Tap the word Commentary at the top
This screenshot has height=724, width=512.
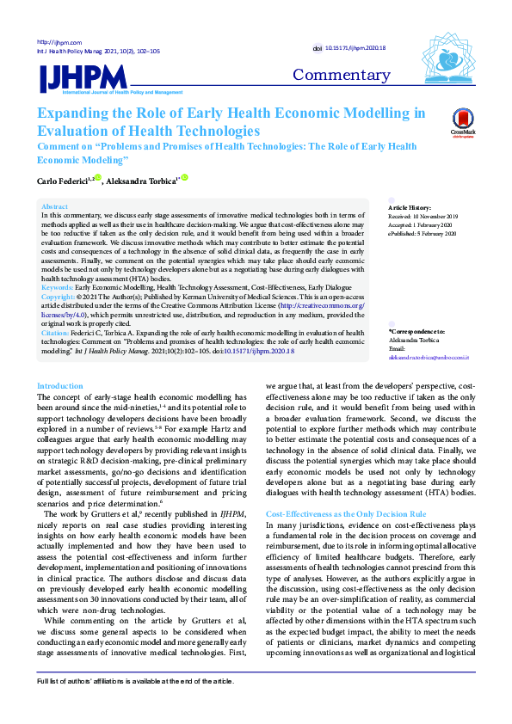tap(342, 75)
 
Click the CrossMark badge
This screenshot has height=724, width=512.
tap(464, 122)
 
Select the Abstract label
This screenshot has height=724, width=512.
tap(54, 207)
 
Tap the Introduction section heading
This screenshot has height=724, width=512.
tap(60, 386)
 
